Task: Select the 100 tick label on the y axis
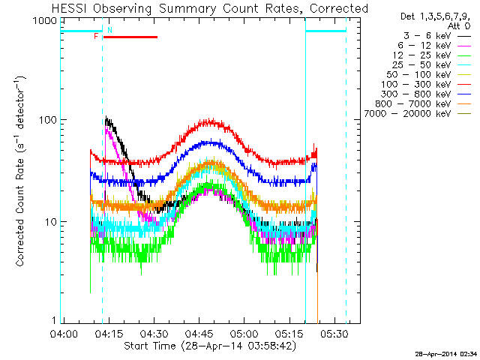coord(48,120)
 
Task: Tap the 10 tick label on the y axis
coord(51,222)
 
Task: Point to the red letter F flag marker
coord(96,36)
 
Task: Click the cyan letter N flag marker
coord(109,30)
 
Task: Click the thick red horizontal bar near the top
coord(130,37)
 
